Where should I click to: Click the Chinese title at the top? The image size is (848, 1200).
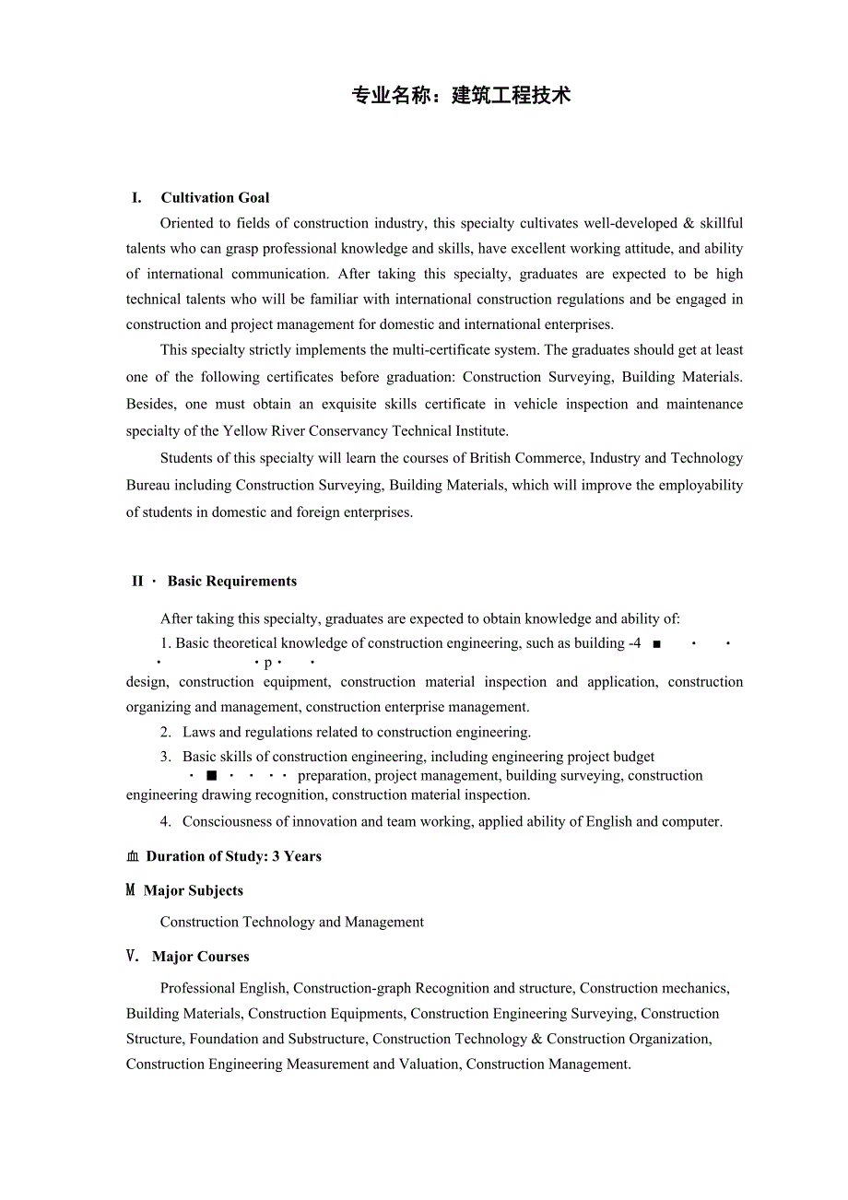point(461,96)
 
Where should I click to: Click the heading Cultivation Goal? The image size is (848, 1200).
point(215,197)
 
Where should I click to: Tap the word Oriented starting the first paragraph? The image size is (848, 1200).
point(188,223)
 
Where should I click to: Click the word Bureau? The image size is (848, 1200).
point(148,485)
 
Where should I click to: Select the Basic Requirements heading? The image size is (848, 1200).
point(232,582)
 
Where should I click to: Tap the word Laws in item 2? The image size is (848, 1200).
point(199,733)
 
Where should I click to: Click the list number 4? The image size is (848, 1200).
point(165,822)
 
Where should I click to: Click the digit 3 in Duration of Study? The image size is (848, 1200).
point(276,857)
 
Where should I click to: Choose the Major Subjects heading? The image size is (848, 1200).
point(194,891)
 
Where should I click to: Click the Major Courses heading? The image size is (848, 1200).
point(201,958)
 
